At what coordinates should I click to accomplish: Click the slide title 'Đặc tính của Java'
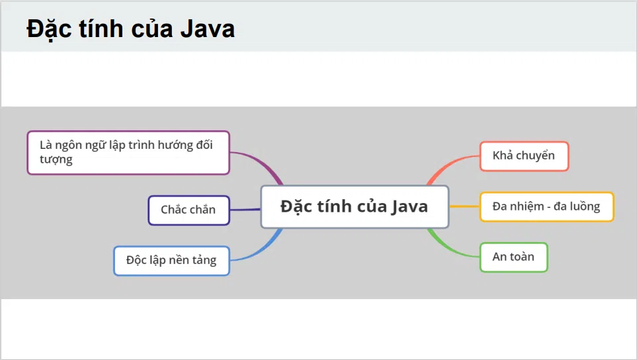tap(130, 29)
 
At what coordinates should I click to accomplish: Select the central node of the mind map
tap(355, 206)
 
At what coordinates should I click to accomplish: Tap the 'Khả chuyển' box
tap(524, 156)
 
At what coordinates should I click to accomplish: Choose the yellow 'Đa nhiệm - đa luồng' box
tap(547, 207)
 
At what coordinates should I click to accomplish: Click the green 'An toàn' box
tap(513, 257)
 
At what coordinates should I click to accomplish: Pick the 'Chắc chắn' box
tap(189, 210)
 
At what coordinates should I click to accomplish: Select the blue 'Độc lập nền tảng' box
tap(171, 261)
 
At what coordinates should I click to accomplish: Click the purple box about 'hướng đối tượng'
tap(128, 152)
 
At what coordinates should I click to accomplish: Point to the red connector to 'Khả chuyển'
tap(449, 165)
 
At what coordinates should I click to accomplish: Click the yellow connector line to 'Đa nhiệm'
tap(464, 206)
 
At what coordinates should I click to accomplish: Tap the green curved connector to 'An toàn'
tap(449, 249)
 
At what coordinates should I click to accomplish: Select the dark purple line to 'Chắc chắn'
tap(245, 210)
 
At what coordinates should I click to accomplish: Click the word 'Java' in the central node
tap(409, 207)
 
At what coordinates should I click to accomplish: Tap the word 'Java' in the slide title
tap(208, 29)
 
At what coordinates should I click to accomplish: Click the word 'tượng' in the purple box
tap(56, 159)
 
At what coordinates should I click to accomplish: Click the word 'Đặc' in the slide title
tap(49, 30)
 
